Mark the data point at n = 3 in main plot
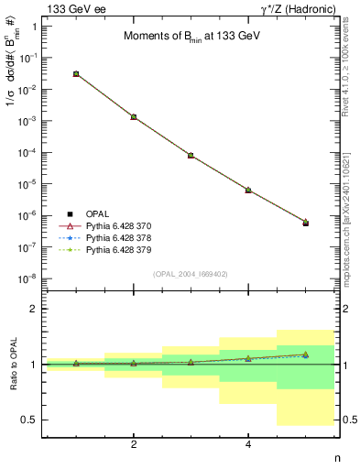(191, 156)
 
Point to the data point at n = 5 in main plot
(305, 223)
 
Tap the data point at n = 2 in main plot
(134, 117)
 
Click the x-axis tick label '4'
(248, 444)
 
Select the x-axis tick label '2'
(134, 444)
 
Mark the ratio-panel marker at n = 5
(305, 354)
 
